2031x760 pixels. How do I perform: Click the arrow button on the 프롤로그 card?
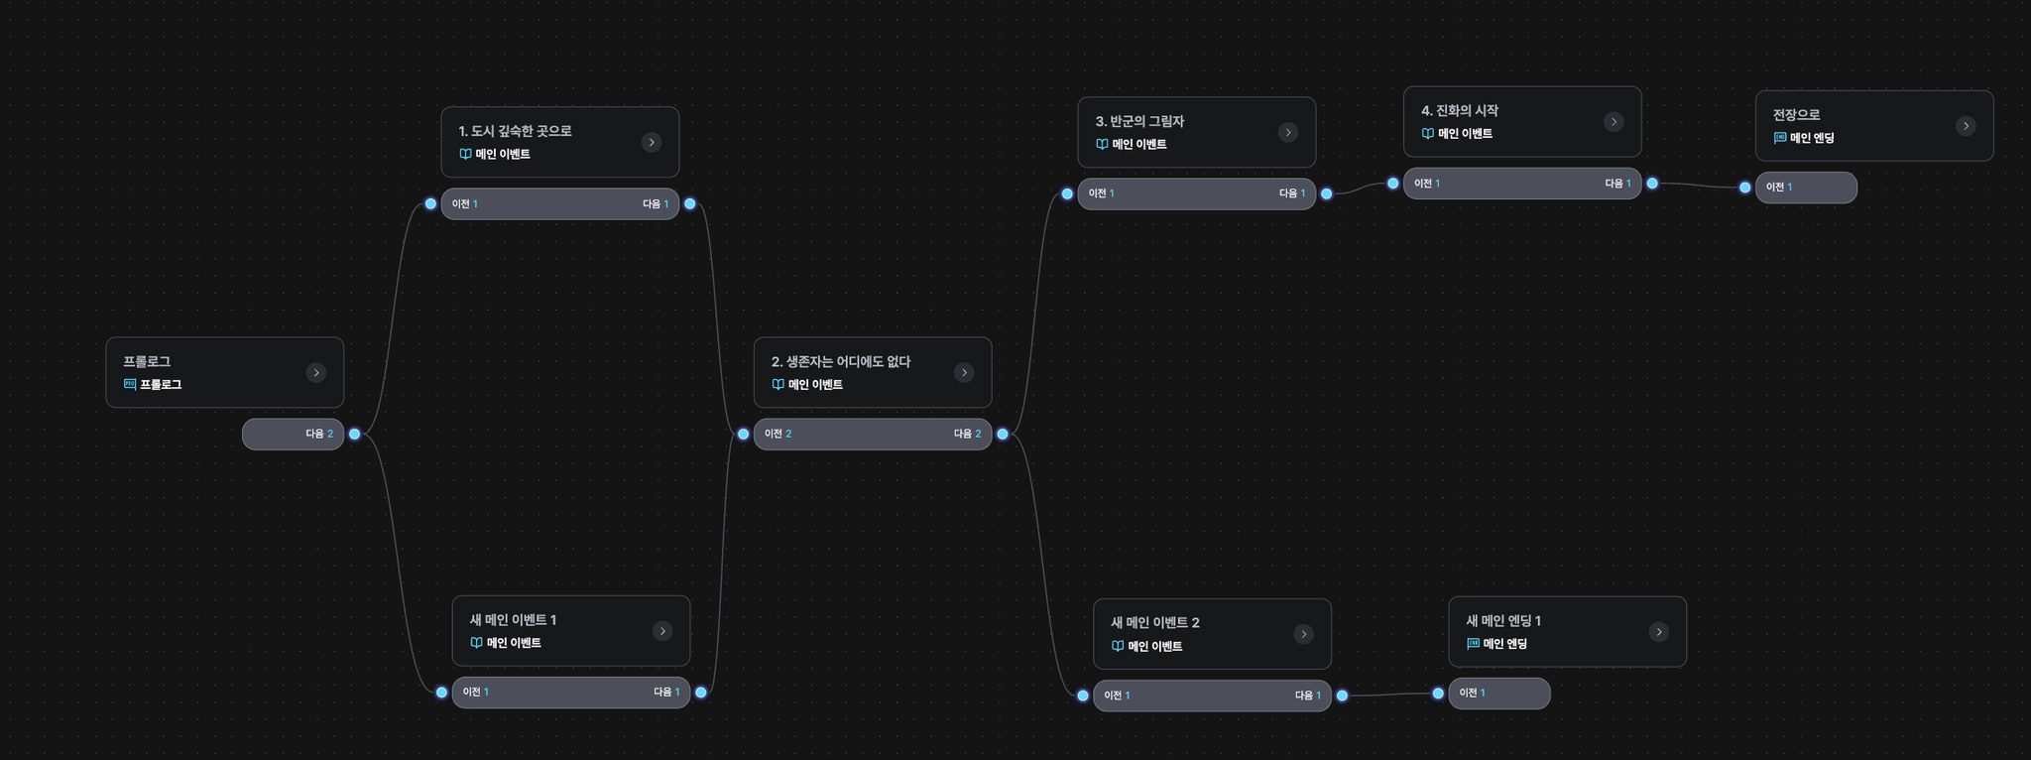tap(316, 373)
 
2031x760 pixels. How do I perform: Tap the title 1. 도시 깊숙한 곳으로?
tap(515, 131)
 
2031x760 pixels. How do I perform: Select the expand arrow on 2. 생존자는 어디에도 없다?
tap(964, 373)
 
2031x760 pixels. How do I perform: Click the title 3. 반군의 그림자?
tap(1139, 121)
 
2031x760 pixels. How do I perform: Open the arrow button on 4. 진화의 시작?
tap(1613, 122)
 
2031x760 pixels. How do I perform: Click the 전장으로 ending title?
tap(1796, 115)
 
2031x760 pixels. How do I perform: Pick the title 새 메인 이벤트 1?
tap(513, 620)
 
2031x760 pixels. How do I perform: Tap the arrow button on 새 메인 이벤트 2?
tap(1304, 635)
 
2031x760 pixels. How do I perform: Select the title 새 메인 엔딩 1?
tap(1503, 621)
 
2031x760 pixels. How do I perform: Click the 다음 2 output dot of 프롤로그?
tap(355, 435)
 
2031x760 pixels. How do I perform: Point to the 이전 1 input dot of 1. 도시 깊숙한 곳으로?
tap(430, 204)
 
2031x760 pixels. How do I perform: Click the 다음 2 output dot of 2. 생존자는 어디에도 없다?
tap(1003, 435)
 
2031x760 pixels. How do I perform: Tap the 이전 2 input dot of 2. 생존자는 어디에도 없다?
tap(743, 435)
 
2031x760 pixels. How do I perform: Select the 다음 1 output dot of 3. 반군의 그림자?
tap(1327, 194)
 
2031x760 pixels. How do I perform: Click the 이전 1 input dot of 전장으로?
tap(1745, 188)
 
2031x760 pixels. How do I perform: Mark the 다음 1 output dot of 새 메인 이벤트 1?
tap(701, 693)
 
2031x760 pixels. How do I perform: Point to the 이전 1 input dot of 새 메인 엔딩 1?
tap(1438, 694)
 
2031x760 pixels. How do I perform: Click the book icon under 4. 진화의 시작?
tap(1428, 134)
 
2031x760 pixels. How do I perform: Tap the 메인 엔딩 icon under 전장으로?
tap(1780, 139)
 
